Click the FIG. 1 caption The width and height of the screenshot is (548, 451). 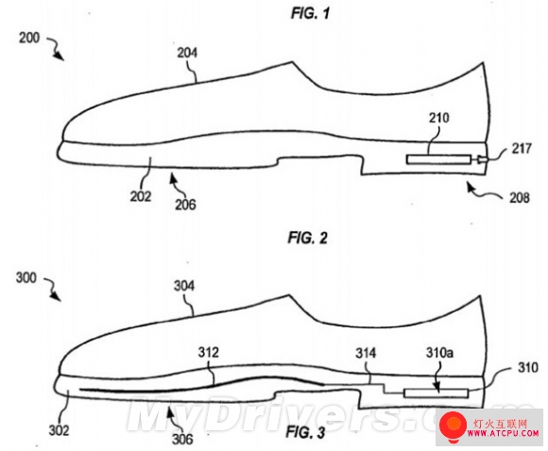point(310,14)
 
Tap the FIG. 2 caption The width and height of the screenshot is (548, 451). point(308,238)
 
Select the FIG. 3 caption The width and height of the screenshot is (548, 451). point(305,432)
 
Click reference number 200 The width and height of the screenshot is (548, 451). point(29,38)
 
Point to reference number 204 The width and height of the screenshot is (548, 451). point(187,53)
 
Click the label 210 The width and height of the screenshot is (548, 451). point(439,118)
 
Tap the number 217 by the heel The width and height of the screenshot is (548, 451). point(522,149)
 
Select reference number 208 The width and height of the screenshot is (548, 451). point(520,198)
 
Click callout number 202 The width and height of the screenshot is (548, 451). point(141,196)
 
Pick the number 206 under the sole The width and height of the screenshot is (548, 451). point(185,204)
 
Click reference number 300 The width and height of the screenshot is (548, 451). point(26,278)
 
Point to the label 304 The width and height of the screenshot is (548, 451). point(184,286)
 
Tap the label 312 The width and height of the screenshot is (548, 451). point(209,352)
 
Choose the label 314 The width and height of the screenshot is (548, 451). point(366,353)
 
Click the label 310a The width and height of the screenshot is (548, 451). point(439,353)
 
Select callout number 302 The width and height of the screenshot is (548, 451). point(60,430)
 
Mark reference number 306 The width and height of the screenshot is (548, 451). point(182,439)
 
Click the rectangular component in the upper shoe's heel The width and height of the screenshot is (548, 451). point(438,159)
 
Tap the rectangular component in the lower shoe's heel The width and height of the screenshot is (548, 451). point(436,393)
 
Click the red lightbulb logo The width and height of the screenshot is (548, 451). point(454,426)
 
